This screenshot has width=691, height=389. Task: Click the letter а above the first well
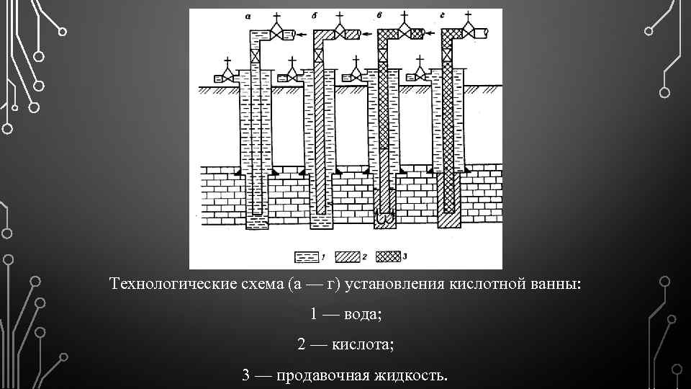click(248, 17)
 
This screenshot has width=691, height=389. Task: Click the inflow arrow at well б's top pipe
click(366, 33)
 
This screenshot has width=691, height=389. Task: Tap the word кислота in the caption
click(363, 345)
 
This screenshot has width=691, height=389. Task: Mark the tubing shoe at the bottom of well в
click(385, 214)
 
